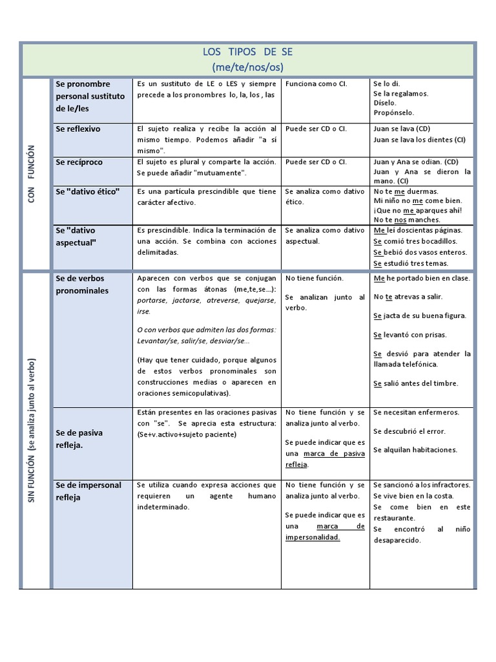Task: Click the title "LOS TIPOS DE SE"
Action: pyautogui.click(x=247, y=52)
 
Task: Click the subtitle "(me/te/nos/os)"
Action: pyautogui.click(x=247, y=67)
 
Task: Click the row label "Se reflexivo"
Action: pyautogui.click(x=78, y=129)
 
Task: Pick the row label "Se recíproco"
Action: pyautogui.click(x=79, y=162)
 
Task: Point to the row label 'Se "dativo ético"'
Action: pyautogui.click(x=88, y=191)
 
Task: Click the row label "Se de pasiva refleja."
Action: pyautogui.click(x=79, y=439)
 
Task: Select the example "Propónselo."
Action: pyautogui.click(x=394, y=112)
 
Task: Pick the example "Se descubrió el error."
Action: pyautogui.click(x=409, y=431)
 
